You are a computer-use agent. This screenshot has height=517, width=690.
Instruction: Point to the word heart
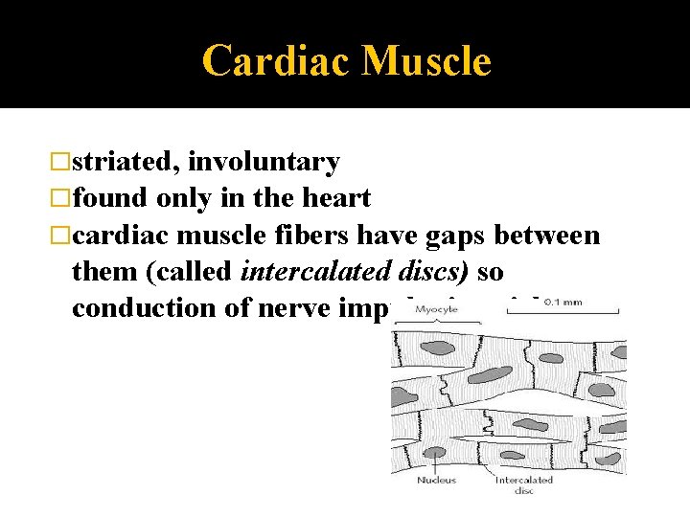point(336,199)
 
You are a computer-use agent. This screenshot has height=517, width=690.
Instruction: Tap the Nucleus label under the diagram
point(436,481)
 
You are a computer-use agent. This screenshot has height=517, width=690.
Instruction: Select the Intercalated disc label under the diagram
point(523,484)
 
